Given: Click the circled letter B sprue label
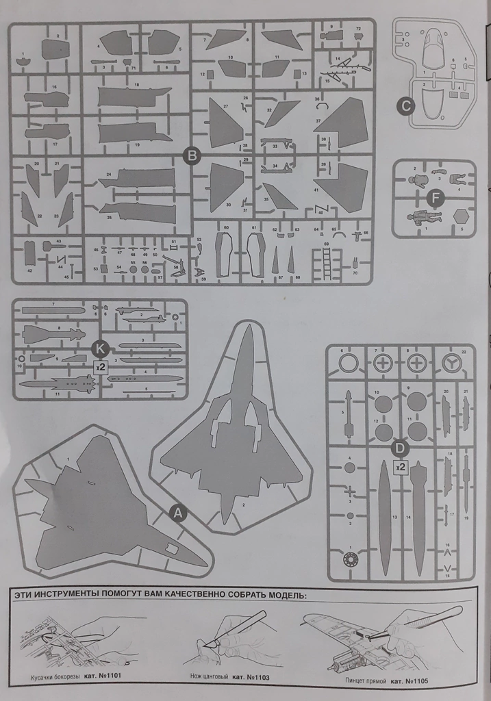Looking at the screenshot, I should [192, 156].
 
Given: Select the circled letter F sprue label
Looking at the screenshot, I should [432, 198].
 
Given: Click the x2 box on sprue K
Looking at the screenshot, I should [101, 366].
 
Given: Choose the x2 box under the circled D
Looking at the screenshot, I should [401, 467].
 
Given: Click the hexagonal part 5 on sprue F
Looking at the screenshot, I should [462, 216].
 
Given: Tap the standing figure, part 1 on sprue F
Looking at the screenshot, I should [417, 218].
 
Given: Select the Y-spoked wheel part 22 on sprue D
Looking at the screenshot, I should [451, 364].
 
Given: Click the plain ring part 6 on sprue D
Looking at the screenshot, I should [349, 364].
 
